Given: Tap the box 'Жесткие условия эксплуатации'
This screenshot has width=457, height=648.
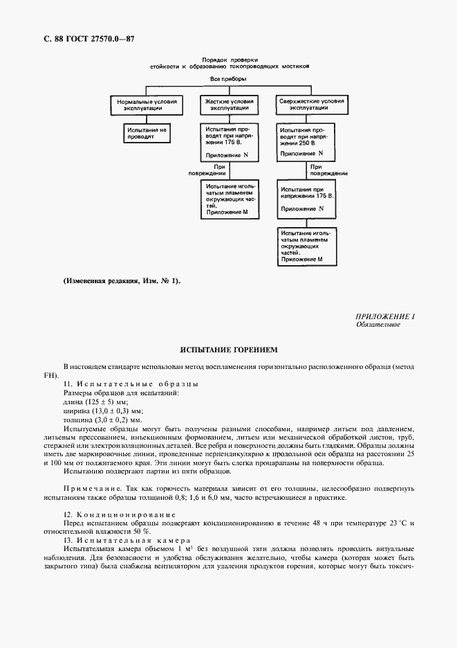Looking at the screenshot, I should [227, 105].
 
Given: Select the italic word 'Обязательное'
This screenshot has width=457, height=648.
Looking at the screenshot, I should [378, 325].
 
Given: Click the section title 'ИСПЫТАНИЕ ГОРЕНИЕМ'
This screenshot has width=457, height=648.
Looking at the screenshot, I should [228, 350].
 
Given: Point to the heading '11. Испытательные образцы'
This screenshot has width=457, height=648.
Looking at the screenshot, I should [131, 384].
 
